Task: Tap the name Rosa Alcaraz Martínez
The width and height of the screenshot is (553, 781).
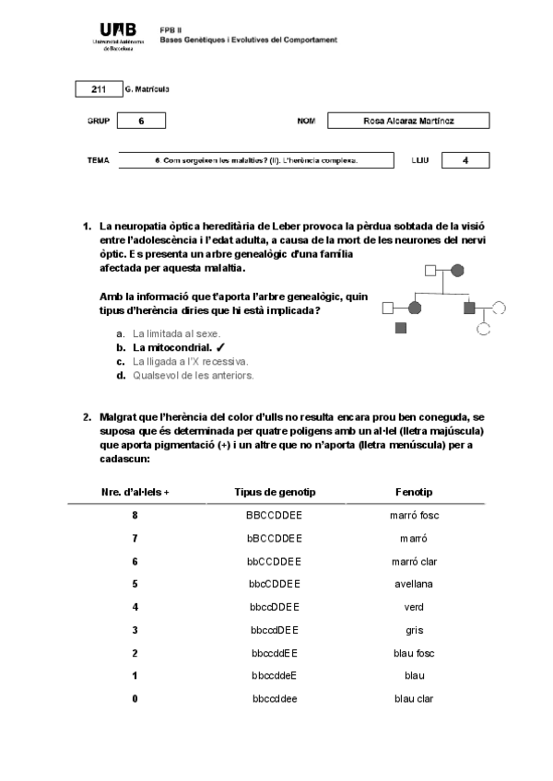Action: pos(408,121)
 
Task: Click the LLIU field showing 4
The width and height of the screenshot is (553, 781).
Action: pos(465,160)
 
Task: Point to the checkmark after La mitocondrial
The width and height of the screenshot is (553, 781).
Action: pos(221,347)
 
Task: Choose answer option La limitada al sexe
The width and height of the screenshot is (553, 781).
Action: pos(176,333)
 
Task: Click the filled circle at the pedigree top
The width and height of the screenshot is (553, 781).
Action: pos(457,271)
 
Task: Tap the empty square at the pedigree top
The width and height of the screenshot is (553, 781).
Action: pos(429,271)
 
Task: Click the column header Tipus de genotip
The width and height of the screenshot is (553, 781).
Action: pos(274,493)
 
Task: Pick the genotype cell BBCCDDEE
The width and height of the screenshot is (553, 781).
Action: pos(274,516)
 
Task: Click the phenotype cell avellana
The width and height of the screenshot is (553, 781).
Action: pos(413,584)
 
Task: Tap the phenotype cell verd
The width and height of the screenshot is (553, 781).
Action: pos(413,607)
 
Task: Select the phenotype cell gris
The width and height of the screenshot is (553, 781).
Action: pos(413,630)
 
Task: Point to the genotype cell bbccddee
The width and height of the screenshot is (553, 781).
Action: pos(274,699)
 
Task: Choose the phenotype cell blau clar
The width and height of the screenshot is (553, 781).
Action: pos(413,699)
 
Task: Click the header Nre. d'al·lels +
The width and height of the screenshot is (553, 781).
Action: pos(135,493)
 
